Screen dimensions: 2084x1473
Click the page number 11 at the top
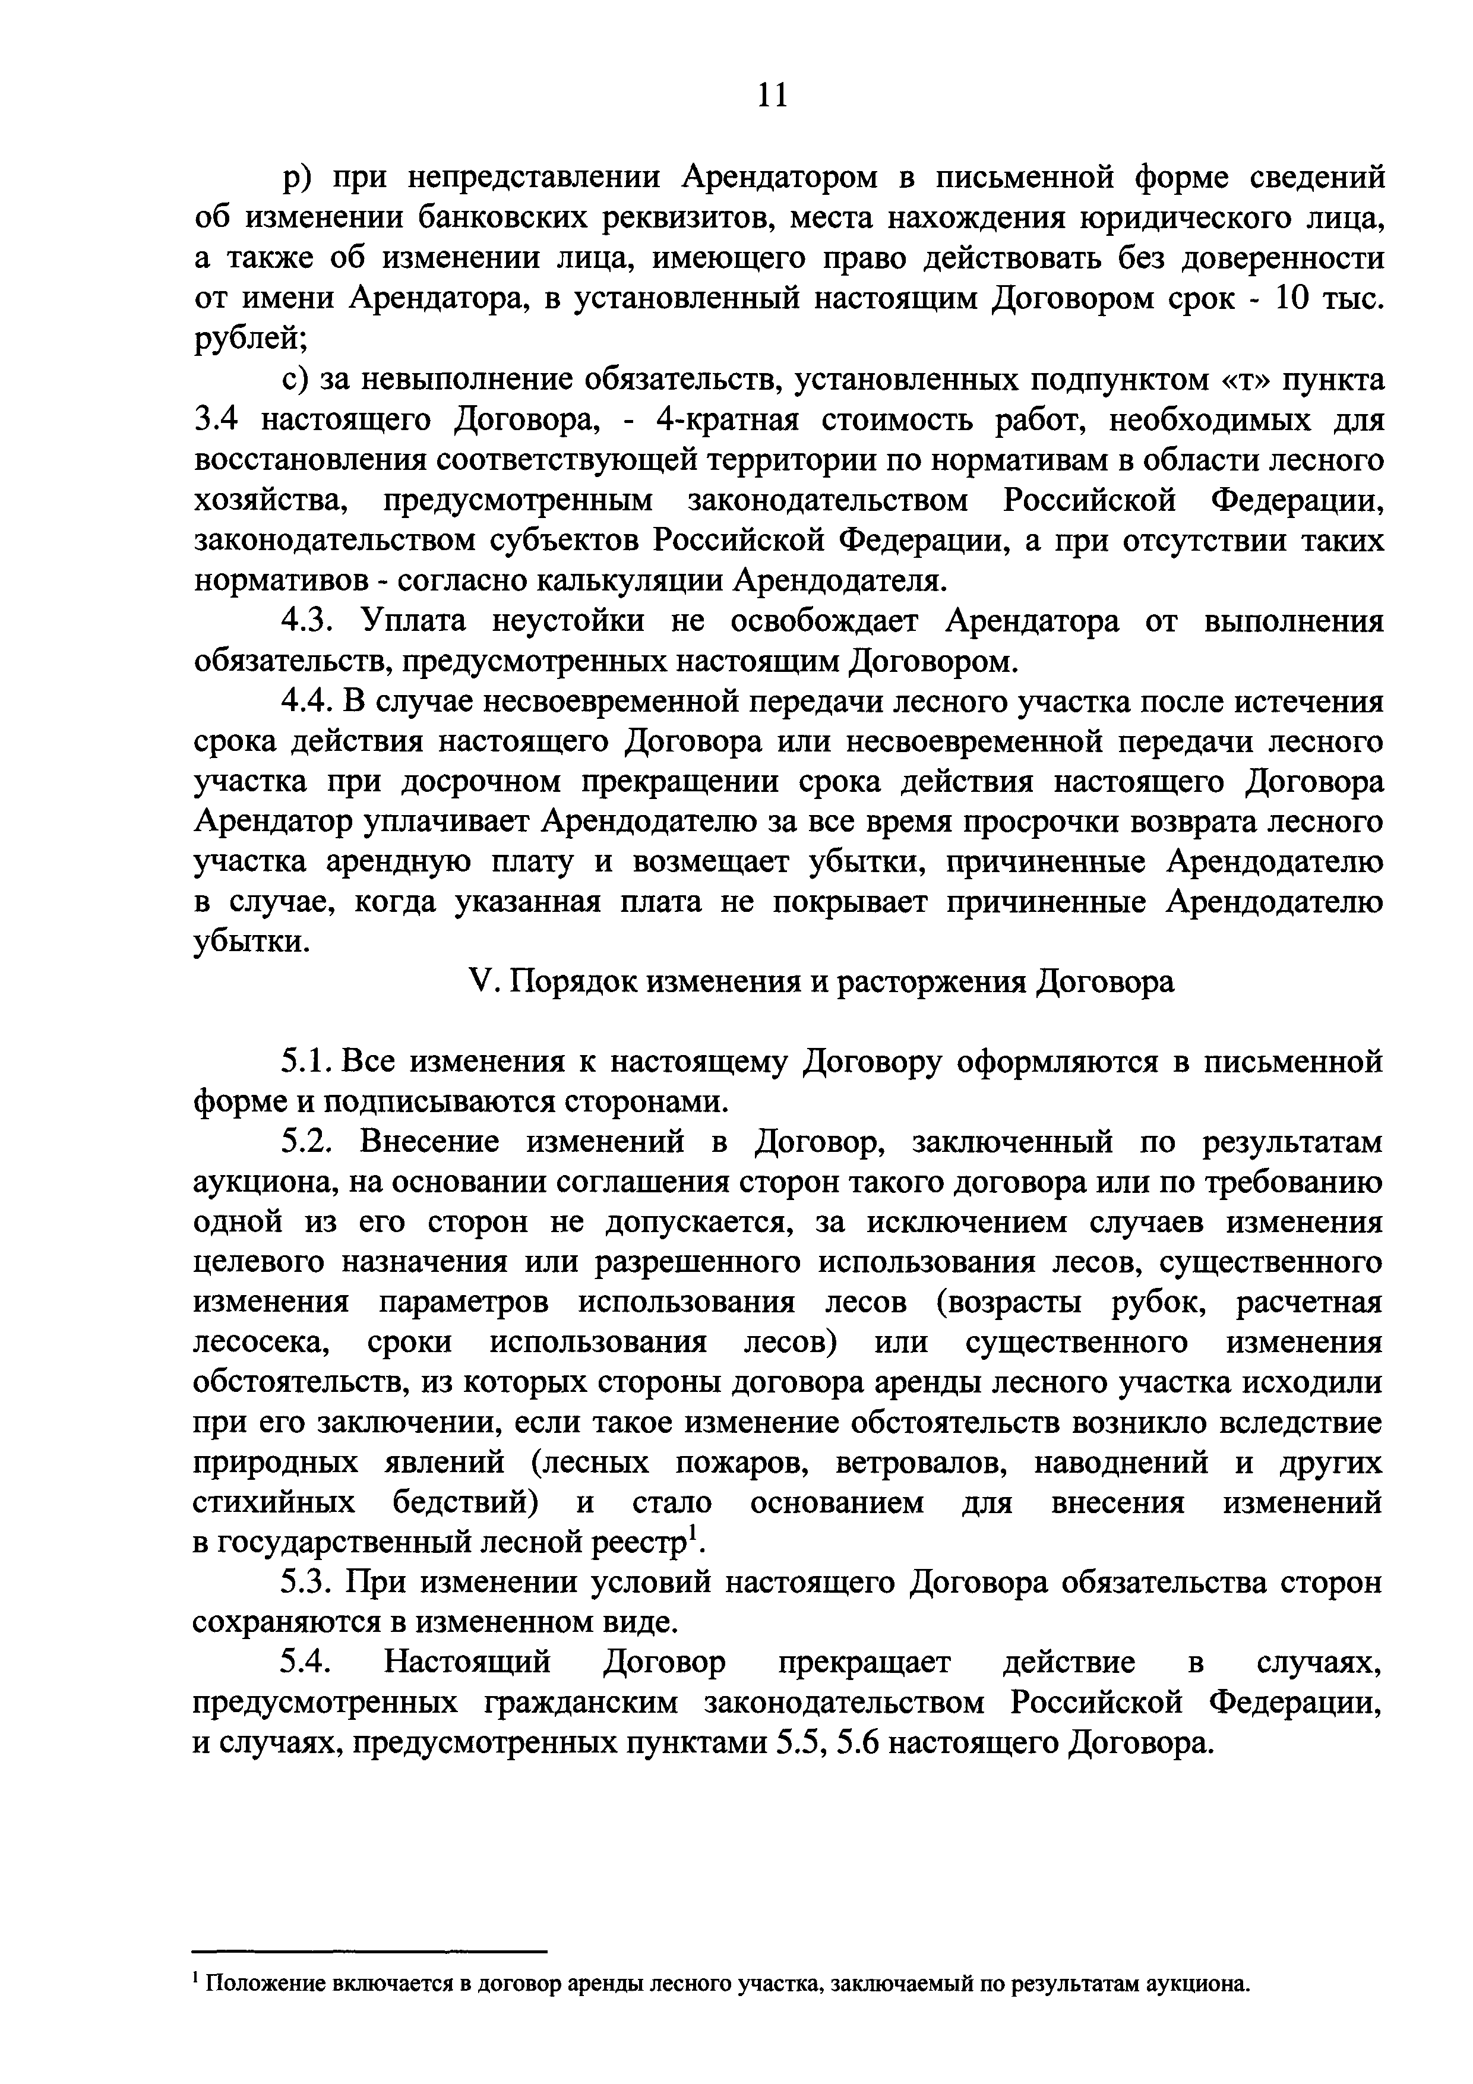(772, 94)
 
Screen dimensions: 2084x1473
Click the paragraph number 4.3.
(309, 622)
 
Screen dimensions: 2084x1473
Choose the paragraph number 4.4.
(309, 702)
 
